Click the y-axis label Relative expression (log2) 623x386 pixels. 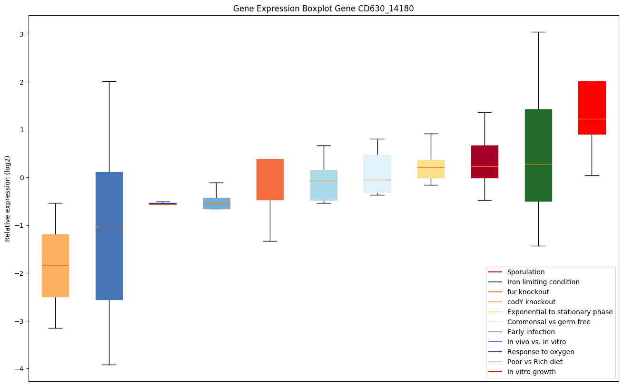click(8, 199)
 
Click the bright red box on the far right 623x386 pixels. click(592, 108)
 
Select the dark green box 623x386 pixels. click(538, 155)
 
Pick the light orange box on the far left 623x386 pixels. click(55, 265)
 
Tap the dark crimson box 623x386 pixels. click(485, 162)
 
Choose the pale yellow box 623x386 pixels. click(431, 169)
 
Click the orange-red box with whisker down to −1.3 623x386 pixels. click(270, 179)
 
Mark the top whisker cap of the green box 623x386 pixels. click(538, 32)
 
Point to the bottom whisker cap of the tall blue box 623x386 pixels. click(109, 365)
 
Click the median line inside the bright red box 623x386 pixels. click(592, 119)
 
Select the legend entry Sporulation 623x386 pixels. click(525, 272)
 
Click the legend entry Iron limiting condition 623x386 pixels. click(543, 282)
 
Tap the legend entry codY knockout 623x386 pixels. click(531, 302)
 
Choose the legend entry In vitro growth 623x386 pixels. click(531, 372)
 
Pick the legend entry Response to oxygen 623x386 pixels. click(540, 352)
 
